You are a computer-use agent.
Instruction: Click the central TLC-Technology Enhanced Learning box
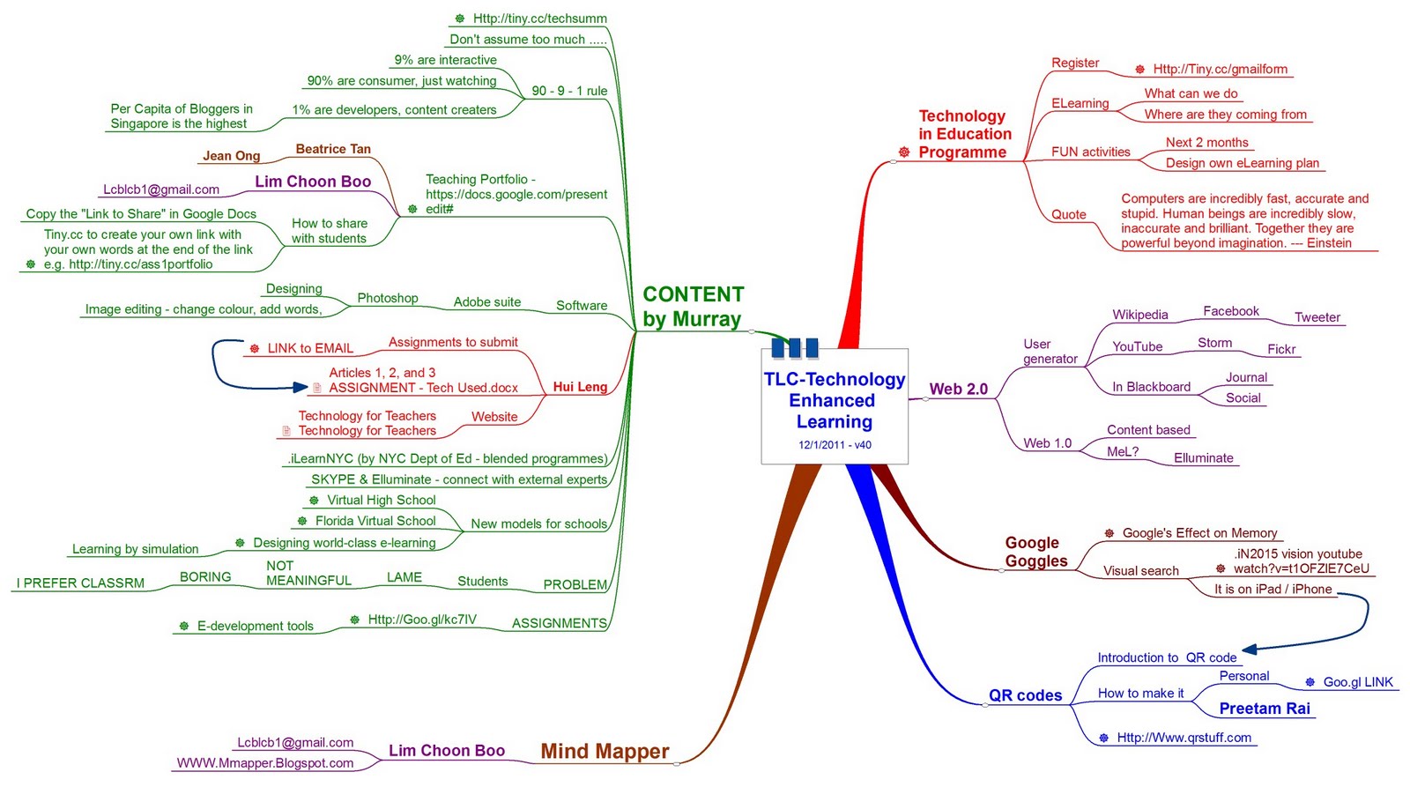834,405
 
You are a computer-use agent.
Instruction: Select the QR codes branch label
1025,695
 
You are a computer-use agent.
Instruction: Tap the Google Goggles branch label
1035,552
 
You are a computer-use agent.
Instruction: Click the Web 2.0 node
958,389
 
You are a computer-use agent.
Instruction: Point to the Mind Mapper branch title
605,751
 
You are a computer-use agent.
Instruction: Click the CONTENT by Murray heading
693,307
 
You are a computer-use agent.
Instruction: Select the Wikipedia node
1139,315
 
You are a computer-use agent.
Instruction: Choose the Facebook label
1230,311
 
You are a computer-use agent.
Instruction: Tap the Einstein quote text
1243,221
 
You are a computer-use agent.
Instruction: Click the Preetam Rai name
1264,709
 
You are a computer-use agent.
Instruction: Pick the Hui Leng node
580,387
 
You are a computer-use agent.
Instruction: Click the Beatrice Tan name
333,149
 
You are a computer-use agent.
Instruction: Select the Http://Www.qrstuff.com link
1184,738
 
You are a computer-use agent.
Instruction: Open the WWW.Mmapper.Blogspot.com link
264,763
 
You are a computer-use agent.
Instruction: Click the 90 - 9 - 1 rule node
569,91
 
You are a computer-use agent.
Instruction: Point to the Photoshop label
387,298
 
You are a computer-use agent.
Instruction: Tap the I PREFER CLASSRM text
80,583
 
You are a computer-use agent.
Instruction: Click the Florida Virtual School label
375,521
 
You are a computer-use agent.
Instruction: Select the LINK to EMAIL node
310,348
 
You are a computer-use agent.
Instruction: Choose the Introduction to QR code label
1167,657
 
